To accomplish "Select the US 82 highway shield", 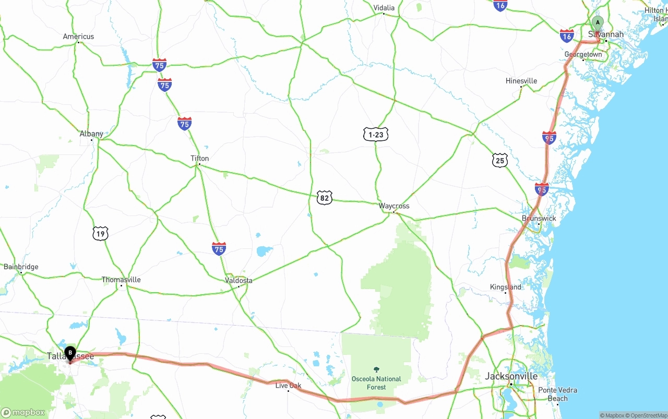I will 324,198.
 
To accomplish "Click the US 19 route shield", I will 100,233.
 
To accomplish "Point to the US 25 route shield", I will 500,160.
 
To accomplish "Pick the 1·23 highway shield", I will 376,134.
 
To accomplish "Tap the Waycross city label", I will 394,206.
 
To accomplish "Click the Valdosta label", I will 238,280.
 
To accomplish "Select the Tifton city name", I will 199,158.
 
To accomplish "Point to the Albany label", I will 91,134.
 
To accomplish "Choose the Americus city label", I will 78,37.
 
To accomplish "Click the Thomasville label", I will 121,280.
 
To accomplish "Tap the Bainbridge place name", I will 21,267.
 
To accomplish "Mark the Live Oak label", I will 288,386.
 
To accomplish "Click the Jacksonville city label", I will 511,376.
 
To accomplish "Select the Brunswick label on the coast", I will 539,218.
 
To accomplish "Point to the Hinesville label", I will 521,81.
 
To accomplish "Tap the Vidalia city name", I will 384,8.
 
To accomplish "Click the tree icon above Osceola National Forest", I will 376,369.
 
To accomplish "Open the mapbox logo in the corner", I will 23,412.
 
